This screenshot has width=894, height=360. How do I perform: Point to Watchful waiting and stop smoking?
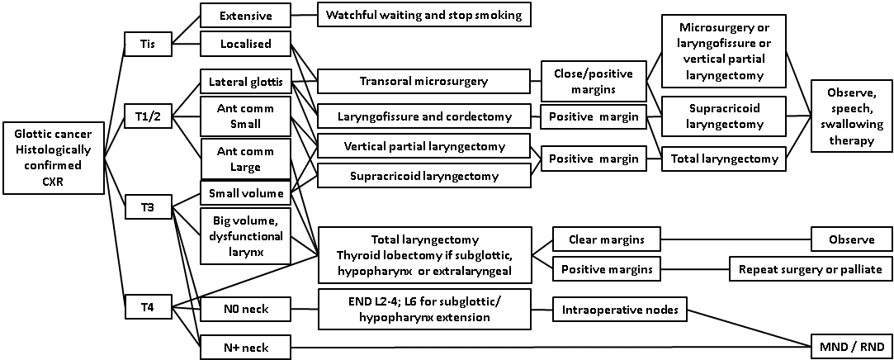point(424,16)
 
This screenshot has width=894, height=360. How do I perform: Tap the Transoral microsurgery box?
point(423,81)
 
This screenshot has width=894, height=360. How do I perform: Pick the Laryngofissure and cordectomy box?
point(423,116)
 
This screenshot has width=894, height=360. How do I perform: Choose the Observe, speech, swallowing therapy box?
point(852,116)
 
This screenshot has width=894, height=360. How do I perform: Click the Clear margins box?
point(606,239)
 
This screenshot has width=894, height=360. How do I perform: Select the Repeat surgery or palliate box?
point(810,268)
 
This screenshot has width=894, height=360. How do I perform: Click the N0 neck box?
point(246,310)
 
